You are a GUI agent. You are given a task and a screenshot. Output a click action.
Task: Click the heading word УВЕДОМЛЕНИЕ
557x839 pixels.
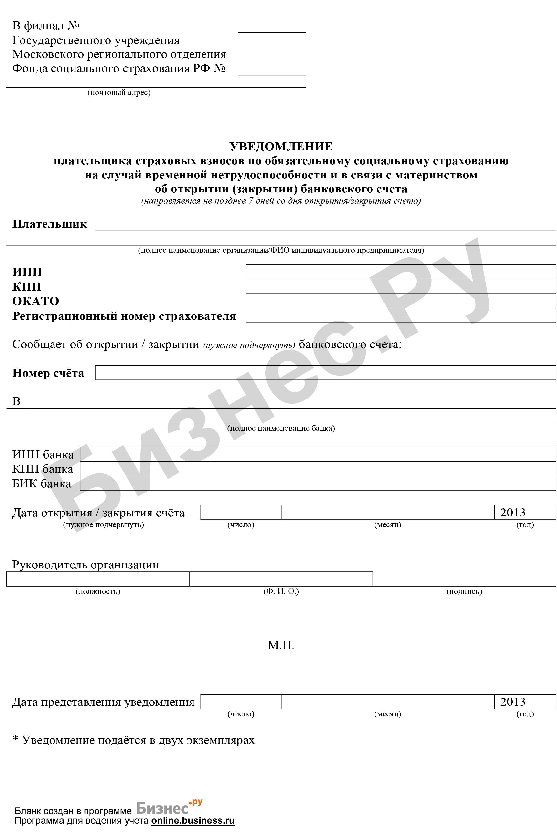pos(281,146)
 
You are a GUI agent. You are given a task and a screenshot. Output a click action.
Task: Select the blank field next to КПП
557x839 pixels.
pos(400,286)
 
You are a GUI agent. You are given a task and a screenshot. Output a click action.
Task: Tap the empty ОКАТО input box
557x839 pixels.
pos(400,301)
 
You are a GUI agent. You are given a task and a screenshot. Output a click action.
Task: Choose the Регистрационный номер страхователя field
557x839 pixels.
pos(400,315)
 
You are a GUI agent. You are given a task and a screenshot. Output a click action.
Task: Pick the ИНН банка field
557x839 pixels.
pos(318,454)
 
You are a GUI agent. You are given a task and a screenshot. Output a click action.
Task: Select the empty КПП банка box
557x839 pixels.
pos(318,469)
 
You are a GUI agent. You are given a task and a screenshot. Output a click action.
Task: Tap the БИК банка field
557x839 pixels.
pos(318,483)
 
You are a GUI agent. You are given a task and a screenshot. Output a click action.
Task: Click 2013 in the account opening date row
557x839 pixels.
pos(513,512)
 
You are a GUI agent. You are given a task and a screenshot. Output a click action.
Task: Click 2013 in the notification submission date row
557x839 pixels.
pos(513,702)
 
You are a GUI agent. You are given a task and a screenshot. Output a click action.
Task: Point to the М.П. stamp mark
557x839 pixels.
pos(281,645)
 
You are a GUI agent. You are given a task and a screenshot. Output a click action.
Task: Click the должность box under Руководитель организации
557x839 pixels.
pos(98,579)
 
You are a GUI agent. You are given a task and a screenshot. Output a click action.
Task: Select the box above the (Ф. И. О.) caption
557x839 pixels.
pos(281,579)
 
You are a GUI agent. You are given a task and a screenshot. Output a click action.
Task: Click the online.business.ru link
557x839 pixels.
pos(193,820)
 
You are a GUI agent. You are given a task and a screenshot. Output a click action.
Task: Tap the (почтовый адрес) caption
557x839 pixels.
pos(119,93)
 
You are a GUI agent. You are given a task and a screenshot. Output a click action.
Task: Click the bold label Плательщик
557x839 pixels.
pos(50,224)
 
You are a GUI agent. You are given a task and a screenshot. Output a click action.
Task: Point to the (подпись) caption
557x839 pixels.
pos(464,591)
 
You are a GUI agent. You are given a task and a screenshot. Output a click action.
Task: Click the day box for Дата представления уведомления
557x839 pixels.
pos(241,702)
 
